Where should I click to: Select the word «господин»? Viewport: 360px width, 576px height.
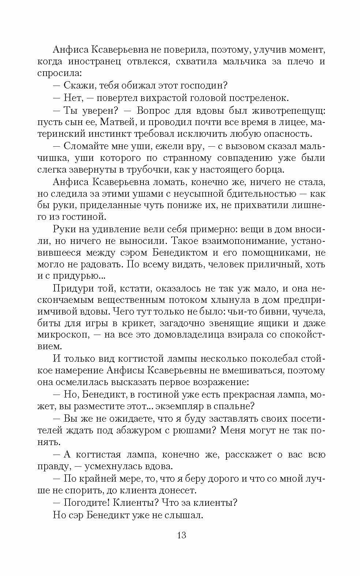pyautogui.click(x=202, y=85)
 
